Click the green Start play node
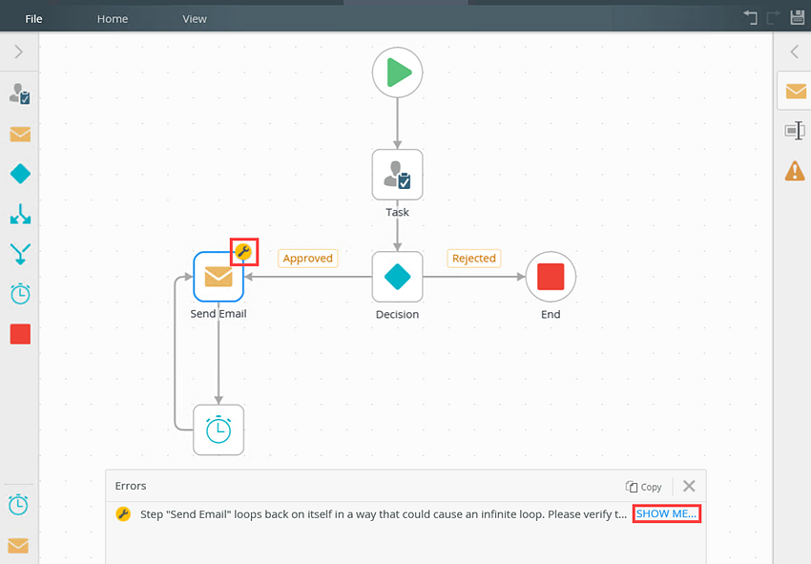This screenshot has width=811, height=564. click(397, 73)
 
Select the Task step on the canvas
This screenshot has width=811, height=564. click(397, 175)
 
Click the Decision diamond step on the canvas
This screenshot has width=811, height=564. click(397, 277)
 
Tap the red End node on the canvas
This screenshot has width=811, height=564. click(551, 277)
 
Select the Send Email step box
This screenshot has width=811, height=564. click(218, 277)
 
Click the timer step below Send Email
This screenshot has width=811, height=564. click(218, 430)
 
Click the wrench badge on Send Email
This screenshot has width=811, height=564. click(243, 252)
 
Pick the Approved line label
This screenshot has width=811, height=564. click(308, 259)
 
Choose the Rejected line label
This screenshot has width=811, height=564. click(474, 259)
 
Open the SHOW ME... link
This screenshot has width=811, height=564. click(666, 513)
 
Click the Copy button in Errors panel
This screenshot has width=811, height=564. click(643, 487)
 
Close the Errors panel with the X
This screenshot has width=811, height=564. click(689, 486)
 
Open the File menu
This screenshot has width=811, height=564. click(33, 19)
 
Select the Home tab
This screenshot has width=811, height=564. click(113, 19)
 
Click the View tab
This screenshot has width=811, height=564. click(195, 19)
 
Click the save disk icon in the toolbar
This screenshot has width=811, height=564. click(798, 17)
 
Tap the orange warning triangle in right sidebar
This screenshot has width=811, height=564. click(795, 171)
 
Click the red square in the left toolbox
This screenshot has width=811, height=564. click(20, 334)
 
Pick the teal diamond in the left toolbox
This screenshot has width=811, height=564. click(20, 174)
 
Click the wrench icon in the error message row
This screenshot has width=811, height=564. click(123, 513)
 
